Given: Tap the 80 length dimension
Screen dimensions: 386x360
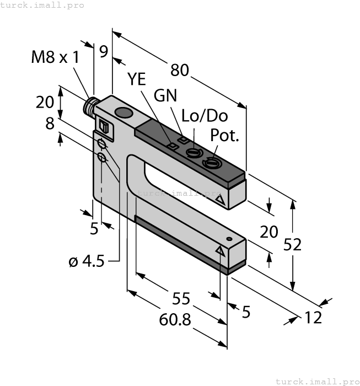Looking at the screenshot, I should (179, 70).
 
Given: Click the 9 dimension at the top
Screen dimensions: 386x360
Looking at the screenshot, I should (103, 52).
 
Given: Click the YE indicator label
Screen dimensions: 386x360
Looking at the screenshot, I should (137, 79).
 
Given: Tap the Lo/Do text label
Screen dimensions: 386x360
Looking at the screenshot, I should (205, 116).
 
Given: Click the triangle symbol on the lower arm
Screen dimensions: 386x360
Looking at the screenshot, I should (221, 251).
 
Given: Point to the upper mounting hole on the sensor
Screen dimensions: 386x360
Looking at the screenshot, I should (101, 144).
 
